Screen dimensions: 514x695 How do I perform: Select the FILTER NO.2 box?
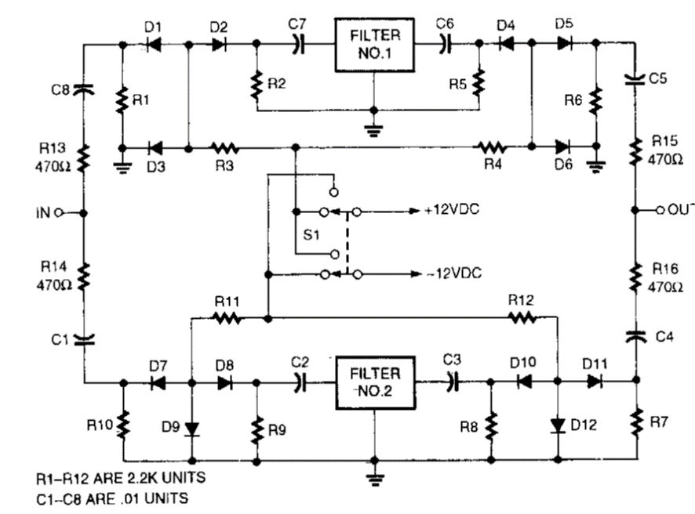point(374,383)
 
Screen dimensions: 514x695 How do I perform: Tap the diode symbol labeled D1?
point(155,45)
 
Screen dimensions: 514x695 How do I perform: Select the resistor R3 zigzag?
point(226,147)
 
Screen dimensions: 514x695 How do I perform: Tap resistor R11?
point(227,318)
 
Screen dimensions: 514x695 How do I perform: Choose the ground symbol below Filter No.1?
point(374,125)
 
